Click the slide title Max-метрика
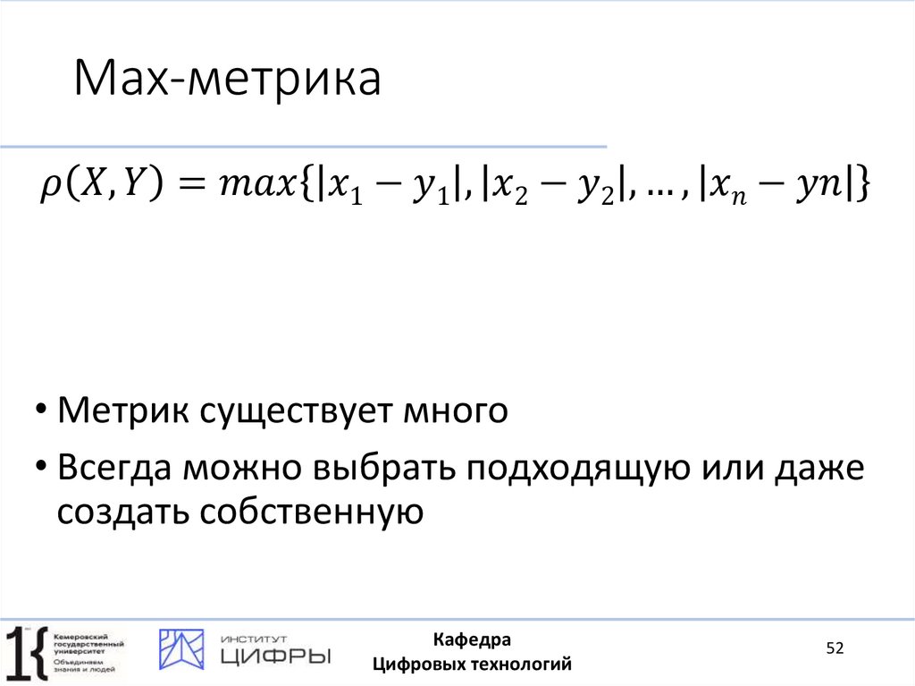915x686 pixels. [228, 80]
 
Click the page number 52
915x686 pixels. [835, 648]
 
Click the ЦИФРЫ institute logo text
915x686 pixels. [274, 656]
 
